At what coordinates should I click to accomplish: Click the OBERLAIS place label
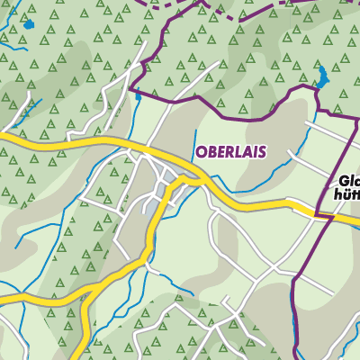click(x=229, y=152)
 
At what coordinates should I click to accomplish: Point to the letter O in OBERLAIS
click(x=199, y=152)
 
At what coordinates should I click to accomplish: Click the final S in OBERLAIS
click(x=261, y=152)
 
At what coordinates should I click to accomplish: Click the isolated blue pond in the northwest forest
click(x=28, y=24)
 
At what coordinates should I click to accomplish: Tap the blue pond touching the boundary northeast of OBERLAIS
click(x=321, y=76)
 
